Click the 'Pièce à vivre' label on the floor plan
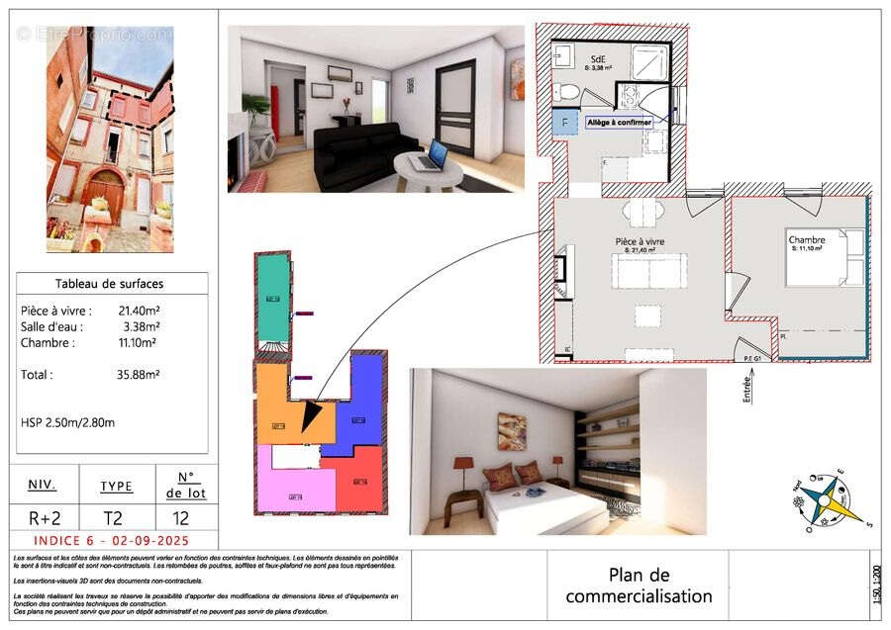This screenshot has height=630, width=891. [640, 241]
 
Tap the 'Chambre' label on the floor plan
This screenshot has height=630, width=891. [807, 240]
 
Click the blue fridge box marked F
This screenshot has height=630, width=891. [565, 124]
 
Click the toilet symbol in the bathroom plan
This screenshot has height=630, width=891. [567, 92]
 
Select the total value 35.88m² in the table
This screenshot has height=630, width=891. [139, 375]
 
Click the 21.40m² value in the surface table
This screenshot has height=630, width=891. [139, 311]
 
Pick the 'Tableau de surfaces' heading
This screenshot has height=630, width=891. [112, 284]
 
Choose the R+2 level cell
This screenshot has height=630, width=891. [43, 517]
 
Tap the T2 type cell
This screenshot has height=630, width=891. [116, 517]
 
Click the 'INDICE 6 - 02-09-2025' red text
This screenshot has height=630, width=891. [111, 541]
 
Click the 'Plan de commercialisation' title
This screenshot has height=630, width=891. [639, 585]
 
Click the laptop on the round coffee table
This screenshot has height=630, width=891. [433, 154]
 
